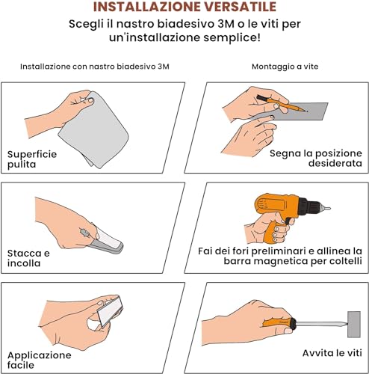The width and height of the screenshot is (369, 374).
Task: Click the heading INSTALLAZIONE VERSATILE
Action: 184,8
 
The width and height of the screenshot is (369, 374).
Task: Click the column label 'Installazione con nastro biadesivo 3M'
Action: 95,67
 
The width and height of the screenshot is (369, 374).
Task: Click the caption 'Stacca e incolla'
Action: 31,258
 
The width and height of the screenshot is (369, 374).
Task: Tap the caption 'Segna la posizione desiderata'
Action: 316,158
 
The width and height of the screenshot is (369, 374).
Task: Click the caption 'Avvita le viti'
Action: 332,352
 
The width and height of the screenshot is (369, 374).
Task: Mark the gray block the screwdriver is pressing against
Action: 353,324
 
